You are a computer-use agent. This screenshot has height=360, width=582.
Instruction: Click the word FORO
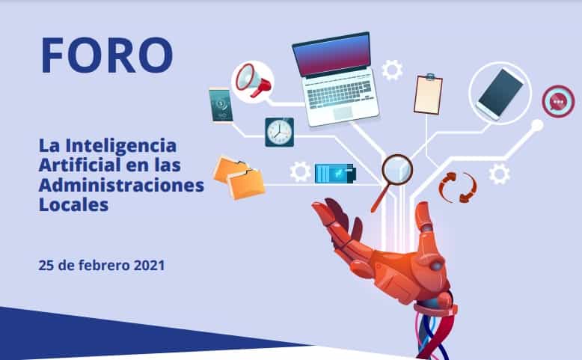pyautogui.click(x=107, y=55)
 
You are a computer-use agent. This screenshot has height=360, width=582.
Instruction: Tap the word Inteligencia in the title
pyautogui.click(x=121, y=146)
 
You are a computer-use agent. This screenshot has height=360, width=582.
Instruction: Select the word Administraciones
pyautogui.click(x=121, y=185)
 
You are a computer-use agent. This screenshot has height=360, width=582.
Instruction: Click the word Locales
pyautogui.click(x=73, y=205)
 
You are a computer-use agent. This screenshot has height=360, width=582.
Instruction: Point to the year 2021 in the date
pyautogui.click(x=149, y=265)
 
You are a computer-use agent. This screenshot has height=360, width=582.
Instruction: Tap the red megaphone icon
pyautogui.click(x=253, y=81)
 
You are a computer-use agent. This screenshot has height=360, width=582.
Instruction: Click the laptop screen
pyautogui.click(x=332, y=55)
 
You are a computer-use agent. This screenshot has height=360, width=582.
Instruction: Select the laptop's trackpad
pyautogui.click(x=343, y=113)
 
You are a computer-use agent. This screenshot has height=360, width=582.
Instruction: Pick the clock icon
pyautogui.click(x=280, y=132)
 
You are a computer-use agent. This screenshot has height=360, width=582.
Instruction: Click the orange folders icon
pyautogui.click(x=240, y=177)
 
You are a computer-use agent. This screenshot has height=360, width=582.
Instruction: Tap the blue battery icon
pyautogui.click(x=335, y=174)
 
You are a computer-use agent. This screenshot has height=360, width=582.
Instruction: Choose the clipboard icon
pyautogui.click(x=428, y=94)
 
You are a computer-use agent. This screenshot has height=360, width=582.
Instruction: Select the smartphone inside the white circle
pyautogui.click(x=500, y=94)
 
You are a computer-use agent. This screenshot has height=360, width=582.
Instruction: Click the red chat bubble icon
pyautogui.click(x=558, y=102)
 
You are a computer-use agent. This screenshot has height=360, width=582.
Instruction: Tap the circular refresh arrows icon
pyautogui.click(x=457, y=187)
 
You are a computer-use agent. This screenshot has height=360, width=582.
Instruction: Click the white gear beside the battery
pyautogui.click(x=300, y=171)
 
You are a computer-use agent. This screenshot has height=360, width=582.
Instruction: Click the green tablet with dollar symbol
pyautogui.click(x=221, y=105)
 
